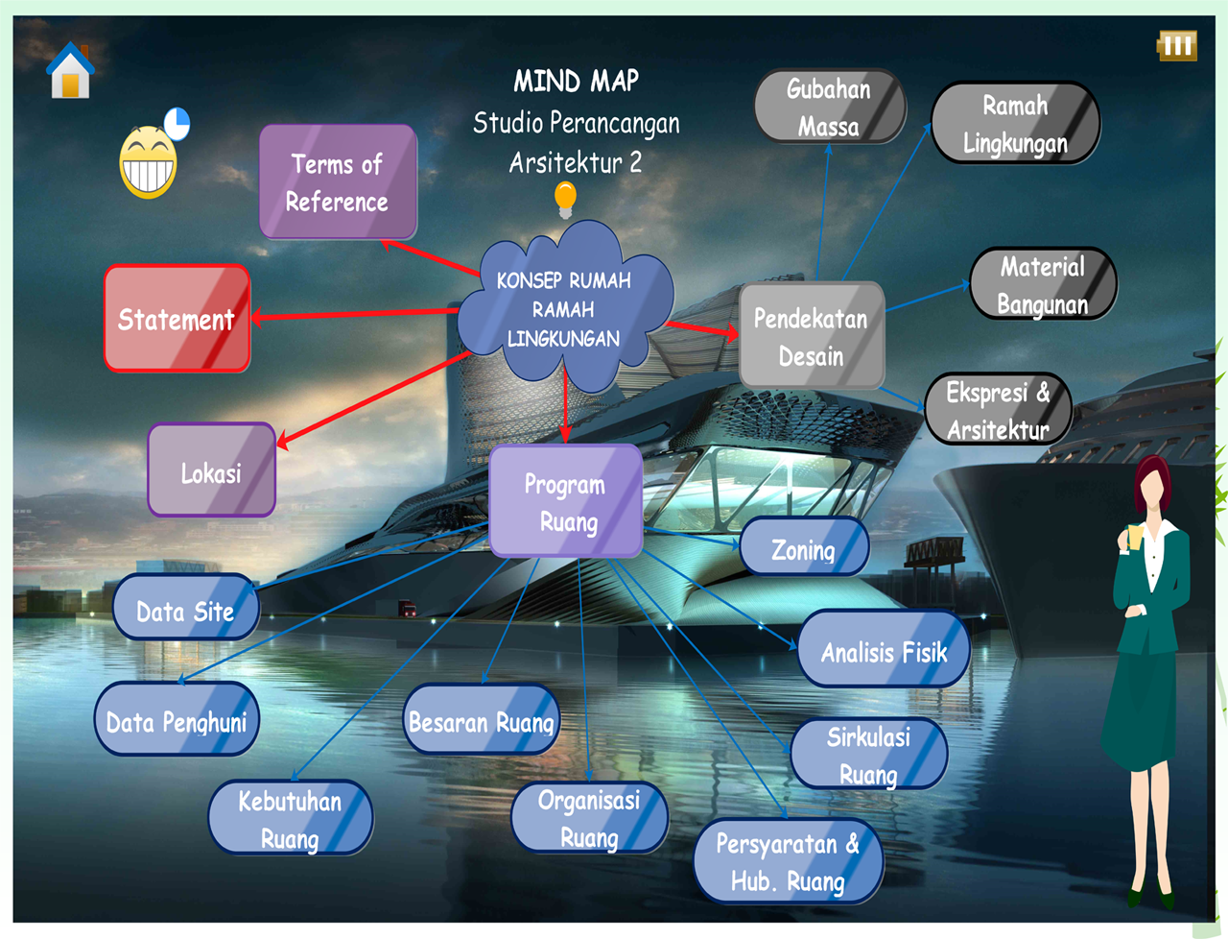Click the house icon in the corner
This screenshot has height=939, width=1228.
71,71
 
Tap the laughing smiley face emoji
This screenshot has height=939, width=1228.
148,162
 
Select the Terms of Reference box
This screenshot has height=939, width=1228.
338,182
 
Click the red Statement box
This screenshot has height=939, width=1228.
177,319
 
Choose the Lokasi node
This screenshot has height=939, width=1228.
211,471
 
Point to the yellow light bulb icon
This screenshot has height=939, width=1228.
566,199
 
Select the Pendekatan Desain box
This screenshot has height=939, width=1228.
811,336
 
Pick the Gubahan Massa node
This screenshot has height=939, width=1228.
829,107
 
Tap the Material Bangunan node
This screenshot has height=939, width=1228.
1043,284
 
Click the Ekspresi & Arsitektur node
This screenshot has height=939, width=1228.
998,410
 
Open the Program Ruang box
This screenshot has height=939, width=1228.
566,502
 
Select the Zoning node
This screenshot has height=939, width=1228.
804,548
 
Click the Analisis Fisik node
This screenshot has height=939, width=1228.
884,651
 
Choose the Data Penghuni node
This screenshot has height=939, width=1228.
177,720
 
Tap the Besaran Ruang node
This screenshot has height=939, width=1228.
482,720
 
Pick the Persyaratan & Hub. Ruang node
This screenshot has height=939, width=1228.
788,862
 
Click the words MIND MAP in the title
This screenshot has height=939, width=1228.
576,81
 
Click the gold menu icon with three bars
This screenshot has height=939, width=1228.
1177,45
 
